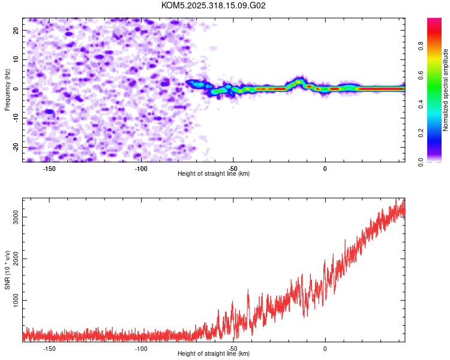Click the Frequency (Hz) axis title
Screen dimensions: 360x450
click(7, 89)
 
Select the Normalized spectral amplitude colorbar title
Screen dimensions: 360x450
click(446, 90)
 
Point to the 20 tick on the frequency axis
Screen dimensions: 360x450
click(17, 30)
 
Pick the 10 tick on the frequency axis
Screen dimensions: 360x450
click(17, 59)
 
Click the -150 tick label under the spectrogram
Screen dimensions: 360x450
click(50, 169)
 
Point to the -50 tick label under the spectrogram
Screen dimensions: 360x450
click(233, 169)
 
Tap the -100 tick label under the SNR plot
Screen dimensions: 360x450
click(141, 348)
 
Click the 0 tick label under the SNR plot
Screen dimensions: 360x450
click(325, 348)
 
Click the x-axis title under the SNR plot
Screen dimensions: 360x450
click(214, 354)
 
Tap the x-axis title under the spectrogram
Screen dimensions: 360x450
click(214, 174)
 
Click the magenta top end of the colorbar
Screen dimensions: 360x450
click(434, 21)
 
